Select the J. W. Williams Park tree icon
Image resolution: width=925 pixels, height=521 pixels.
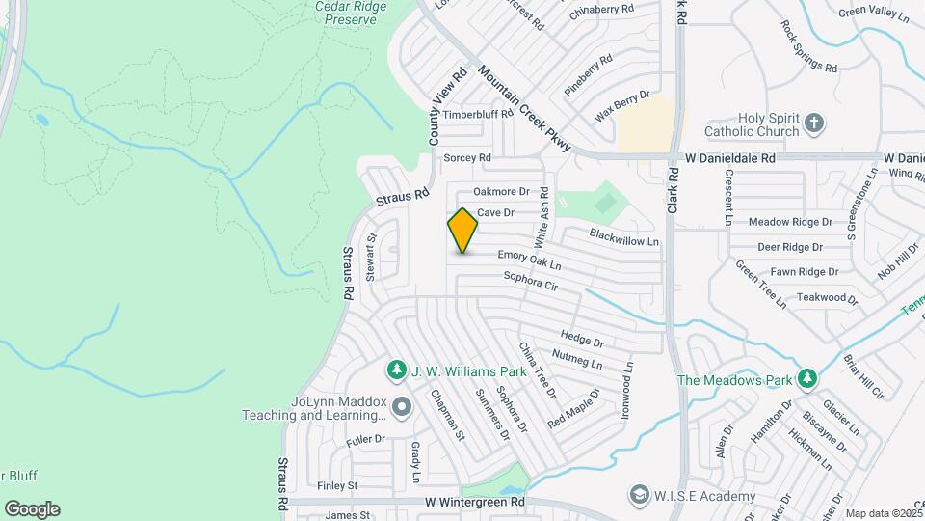tap(396, 370)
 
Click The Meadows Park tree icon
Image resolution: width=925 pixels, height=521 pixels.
tap(807, 378)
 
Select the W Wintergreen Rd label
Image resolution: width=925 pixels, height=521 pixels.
tap(474, 503)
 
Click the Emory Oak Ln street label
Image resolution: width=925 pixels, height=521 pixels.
tap(529, 259)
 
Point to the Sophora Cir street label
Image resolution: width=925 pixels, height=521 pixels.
tap(531, 282)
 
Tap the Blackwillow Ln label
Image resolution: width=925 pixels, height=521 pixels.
tap(624, 236)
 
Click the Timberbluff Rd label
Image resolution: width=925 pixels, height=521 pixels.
tap(479, 114)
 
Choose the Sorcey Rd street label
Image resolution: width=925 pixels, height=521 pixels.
tap(467, 157)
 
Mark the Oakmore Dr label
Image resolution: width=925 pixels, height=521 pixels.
tap(502, 192)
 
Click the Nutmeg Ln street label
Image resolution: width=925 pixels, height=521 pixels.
tap(577, 360)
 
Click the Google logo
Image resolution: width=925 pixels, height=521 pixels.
tap(32, 509)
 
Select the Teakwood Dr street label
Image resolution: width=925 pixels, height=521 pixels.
tap(826, 299)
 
